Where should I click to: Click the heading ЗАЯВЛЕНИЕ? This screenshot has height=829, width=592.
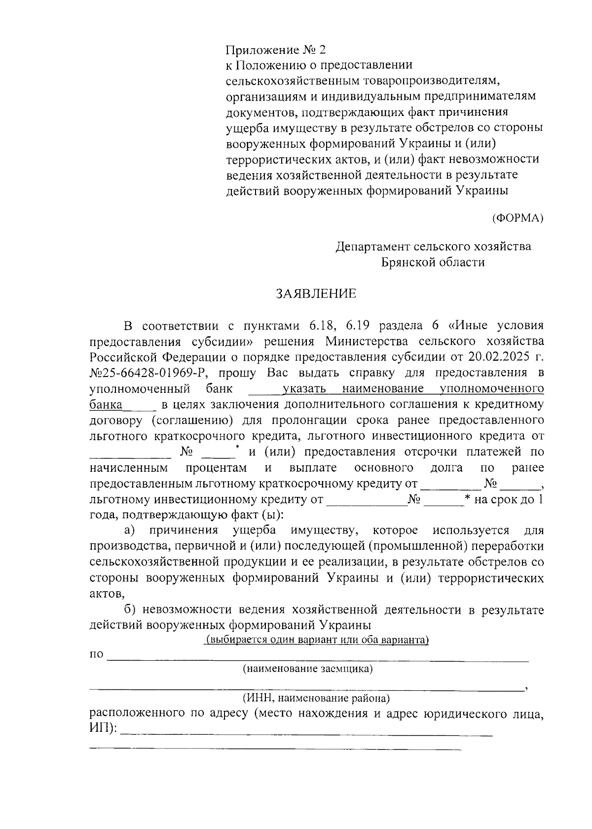(316, 294)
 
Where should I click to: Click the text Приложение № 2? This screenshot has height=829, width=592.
(276, 50)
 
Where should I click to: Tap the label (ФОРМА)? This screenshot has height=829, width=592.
(518, 218)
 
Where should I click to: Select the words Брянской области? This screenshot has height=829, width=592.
(433, 262)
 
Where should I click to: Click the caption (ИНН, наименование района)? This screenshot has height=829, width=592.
(315, 698)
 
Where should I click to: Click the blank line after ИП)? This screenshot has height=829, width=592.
(306, 735)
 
